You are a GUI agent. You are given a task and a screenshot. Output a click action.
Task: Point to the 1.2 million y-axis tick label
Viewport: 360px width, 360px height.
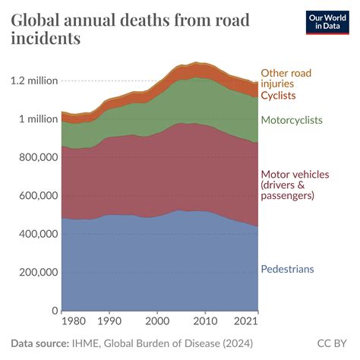(34, 81)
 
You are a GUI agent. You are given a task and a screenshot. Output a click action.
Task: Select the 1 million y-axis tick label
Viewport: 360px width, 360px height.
(36, 118)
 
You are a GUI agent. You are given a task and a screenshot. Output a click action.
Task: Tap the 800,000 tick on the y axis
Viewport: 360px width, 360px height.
(35, 157)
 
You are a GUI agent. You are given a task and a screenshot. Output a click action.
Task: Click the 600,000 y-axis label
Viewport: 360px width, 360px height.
(35, 195)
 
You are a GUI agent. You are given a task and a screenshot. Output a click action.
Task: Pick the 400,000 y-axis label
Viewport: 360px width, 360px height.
(35, 234)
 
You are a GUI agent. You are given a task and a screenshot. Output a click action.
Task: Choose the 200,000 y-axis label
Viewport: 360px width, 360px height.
(35, 272)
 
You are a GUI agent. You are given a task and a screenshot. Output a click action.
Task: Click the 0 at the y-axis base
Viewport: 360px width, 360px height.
(55, 311)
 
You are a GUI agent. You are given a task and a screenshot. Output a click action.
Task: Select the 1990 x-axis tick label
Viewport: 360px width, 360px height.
(109, 322)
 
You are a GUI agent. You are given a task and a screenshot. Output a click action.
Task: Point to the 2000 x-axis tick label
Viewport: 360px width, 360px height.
(157, 322)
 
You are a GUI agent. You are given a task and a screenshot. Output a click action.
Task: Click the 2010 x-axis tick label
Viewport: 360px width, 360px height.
(205, 322)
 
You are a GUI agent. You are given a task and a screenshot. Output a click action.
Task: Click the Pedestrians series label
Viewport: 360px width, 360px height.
(287, 269)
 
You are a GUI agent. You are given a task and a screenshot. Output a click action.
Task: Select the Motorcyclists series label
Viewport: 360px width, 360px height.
(292, 120)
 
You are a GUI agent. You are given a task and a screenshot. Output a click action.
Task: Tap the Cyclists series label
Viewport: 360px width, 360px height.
(278, 96)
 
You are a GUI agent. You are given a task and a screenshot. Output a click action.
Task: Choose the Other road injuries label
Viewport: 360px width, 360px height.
(286, 78)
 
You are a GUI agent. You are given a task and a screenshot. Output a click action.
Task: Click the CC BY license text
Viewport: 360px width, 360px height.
(332, 343)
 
